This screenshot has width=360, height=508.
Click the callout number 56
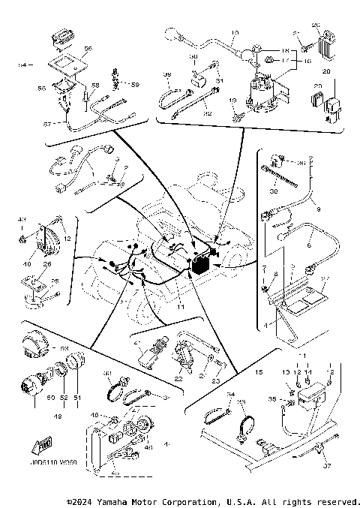click(x=87, y=48)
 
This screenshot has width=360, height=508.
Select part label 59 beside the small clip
click(x=135, y=85)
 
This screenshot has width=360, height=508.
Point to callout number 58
click(x=95, y=86)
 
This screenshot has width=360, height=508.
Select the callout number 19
click(x=233, y=100)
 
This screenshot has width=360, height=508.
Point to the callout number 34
click(x=230, y=394)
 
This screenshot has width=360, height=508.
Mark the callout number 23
click(x=216, y=381)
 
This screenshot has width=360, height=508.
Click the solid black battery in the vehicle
click(x=202, y=264)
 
